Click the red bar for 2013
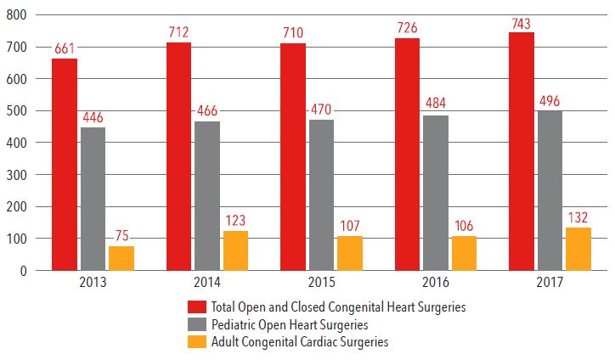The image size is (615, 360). (x=65, y=164)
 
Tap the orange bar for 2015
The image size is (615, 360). (x=350, y=253)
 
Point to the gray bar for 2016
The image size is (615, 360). (x=436, y=193)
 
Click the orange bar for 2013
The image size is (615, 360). (x=121, y=258)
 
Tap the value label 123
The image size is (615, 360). (x=236, y=222)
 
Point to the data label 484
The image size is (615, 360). (x=436, y=105)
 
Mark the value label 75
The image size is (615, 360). (x=121, y=237)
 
